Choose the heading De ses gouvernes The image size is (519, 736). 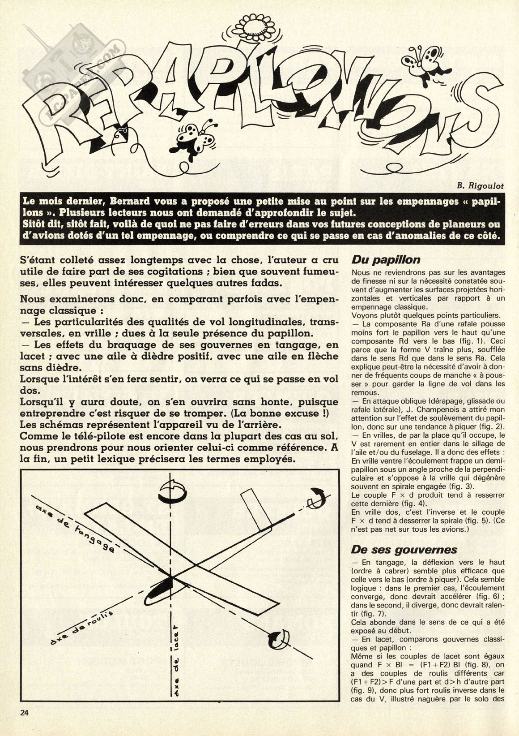[x=398, y=549]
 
